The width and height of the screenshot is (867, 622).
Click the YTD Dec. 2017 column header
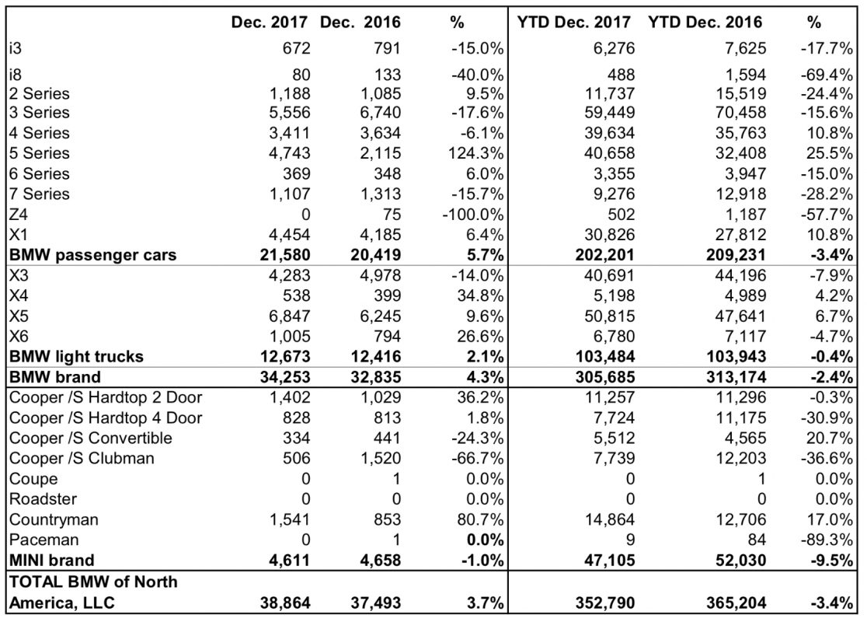pos(574,22)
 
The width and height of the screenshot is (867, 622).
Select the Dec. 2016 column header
pos(360,22)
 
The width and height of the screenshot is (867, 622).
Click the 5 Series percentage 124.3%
pos(477,152)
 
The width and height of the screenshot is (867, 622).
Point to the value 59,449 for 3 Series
pos(609,112)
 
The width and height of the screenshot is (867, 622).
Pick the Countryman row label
pos(54,519)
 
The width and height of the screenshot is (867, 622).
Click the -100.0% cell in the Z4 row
pos(473,214)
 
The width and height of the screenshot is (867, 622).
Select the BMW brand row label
pos(55,377)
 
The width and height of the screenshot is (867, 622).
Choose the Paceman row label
pos(44,540)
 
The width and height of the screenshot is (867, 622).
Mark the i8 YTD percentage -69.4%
pos(827,74)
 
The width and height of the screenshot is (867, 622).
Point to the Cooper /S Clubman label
pos(82,458)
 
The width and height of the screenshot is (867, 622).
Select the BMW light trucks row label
pos(76,356)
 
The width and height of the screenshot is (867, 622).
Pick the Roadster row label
pos(44,499)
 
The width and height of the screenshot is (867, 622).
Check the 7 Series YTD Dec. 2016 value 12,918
pos(741,194)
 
